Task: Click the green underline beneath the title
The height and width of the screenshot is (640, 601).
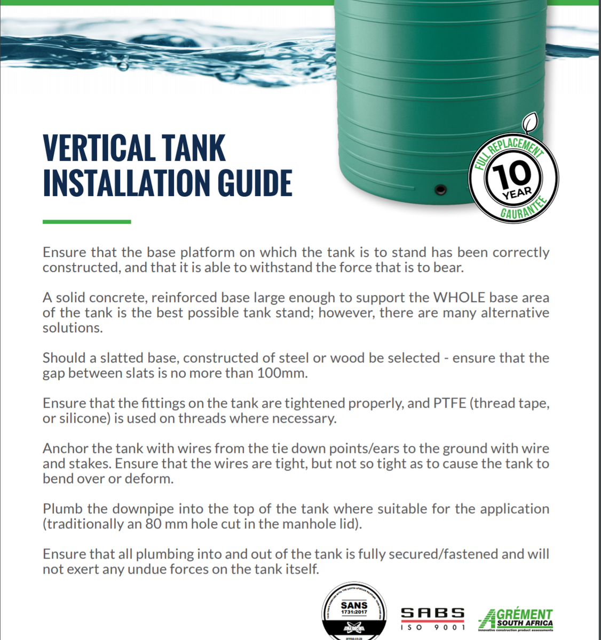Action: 86,221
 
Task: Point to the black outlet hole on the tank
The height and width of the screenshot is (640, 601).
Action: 440,189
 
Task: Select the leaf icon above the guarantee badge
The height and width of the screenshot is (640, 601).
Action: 529,124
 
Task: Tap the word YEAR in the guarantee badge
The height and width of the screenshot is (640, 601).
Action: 516,193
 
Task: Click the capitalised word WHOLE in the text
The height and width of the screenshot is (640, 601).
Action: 459,298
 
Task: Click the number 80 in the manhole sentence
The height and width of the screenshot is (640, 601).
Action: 153,524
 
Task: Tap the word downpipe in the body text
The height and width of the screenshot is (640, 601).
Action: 147,509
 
